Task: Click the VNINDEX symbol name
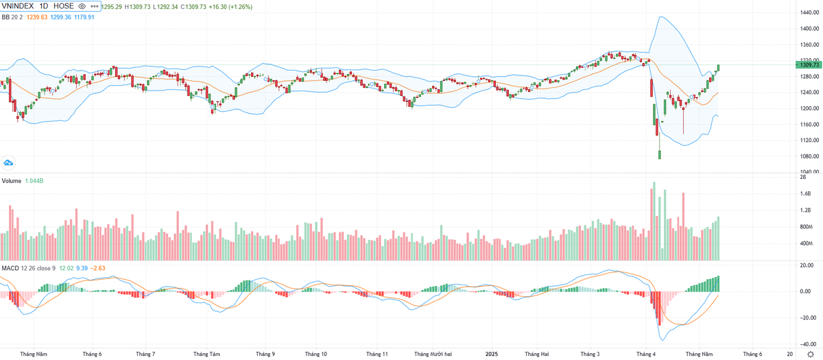pos(18,5)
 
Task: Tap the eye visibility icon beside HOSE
pos(82,5)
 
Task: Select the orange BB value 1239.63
pos(36,16)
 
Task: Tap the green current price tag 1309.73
pos(807,64)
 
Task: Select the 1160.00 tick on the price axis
pos(807,124)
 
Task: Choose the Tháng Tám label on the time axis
pos(206,354)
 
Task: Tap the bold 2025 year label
pos(490,354)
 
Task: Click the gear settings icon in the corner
pos(810,354)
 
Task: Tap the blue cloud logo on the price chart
pos(9,163)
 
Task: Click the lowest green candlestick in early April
pos(660,154)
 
